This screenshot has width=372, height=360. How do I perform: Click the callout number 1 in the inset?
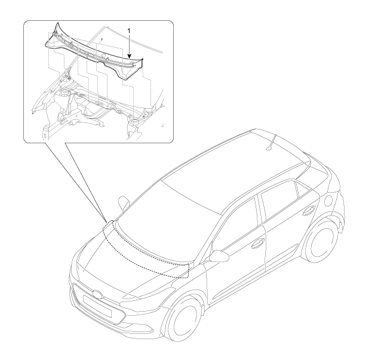[129, 31]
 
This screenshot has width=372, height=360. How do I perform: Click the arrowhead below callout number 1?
[129, 56]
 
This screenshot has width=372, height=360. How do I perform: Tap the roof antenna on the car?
[271, 143]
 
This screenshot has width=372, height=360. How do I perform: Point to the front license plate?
[97, 306]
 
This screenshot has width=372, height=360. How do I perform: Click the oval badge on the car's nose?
[97, 294]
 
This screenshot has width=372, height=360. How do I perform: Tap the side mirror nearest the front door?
[219, 256]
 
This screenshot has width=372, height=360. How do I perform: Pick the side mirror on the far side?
[124, 202]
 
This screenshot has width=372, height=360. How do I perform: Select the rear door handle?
[309, 210]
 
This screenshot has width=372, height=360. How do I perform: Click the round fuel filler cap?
[329, 201]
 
